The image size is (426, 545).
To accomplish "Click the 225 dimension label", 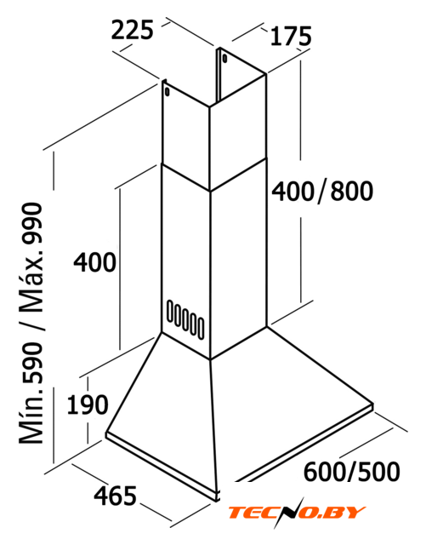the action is point(133,30).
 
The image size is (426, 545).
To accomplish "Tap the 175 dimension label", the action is point(291,36).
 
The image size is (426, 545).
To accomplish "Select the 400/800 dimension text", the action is point(322,191).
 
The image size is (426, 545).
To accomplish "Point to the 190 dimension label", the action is point(88,404).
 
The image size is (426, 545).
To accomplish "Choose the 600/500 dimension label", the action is point(352,471).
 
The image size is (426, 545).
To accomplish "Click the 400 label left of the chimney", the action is point(94,262).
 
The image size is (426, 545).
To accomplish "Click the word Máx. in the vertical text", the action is point(32,288).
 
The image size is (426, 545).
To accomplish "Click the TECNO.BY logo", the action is point(296,513).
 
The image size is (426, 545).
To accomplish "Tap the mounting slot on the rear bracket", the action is point(224,59).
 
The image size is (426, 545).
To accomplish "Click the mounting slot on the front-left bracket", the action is point(168,92).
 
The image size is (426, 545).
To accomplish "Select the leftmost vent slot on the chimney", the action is point(170,310).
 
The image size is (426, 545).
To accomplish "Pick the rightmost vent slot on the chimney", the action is point(201,328).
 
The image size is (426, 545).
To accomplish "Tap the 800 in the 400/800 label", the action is point(352,191).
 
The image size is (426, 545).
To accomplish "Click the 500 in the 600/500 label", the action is point(379,471).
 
